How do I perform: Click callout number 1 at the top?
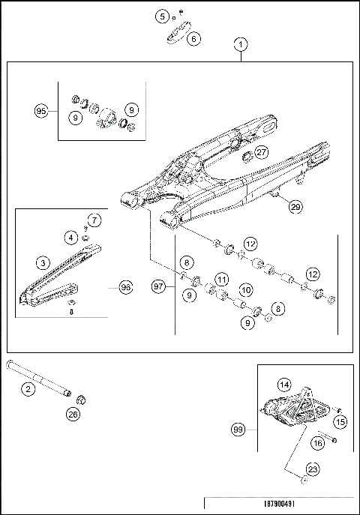[240, 44]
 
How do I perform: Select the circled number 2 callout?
[28, 388]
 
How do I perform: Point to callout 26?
[73, 412]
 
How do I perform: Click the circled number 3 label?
[44, 262]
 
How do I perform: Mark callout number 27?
[260, 152]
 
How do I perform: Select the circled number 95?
[42, 111]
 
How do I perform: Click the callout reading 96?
[124, 286]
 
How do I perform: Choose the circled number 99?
[238, 430]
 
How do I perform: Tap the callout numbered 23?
[313, 470]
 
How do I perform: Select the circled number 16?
[318, 444]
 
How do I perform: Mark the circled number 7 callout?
[94, 220]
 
